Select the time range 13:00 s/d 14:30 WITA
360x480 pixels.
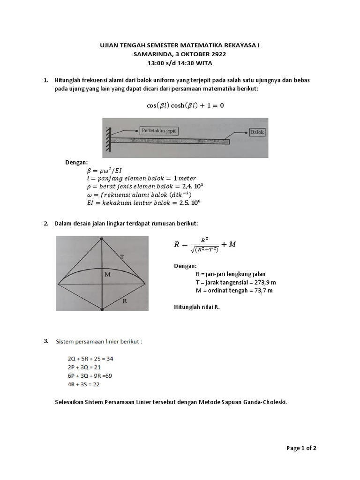click(x=180, y=63)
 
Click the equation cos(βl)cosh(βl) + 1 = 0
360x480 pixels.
click(x=185, y=105)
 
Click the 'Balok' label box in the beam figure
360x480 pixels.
click(x=257, y=132)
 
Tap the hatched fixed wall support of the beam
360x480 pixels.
click(x=108, y=139)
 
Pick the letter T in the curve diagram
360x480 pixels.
click(x=122, y=257)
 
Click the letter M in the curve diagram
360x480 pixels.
click(x=107, y=274)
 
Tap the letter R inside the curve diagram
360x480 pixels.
click(x=125, y=301)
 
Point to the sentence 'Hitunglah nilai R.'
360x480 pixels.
click(x=196, y=307)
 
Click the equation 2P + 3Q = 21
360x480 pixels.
click(x=84, y=367)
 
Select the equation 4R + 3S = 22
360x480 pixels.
click(x=83, y=384)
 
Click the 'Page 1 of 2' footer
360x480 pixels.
click(x=301, y=448)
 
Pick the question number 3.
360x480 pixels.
click(x=46, y=341)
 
